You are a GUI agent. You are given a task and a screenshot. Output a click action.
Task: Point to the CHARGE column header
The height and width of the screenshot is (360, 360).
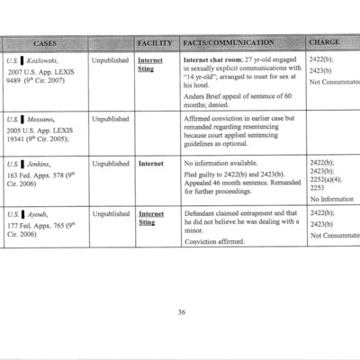(x=324, y=42)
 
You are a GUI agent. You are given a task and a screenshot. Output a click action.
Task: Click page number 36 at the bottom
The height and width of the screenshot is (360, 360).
(x=181, y=312)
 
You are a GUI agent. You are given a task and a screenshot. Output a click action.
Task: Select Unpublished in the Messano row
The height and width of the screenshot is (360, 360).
(x=111, y=118)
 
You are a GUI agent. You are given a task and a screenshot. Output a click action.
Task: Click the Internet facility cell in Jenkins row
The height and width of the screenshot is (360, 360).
(x=150, y=164)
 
